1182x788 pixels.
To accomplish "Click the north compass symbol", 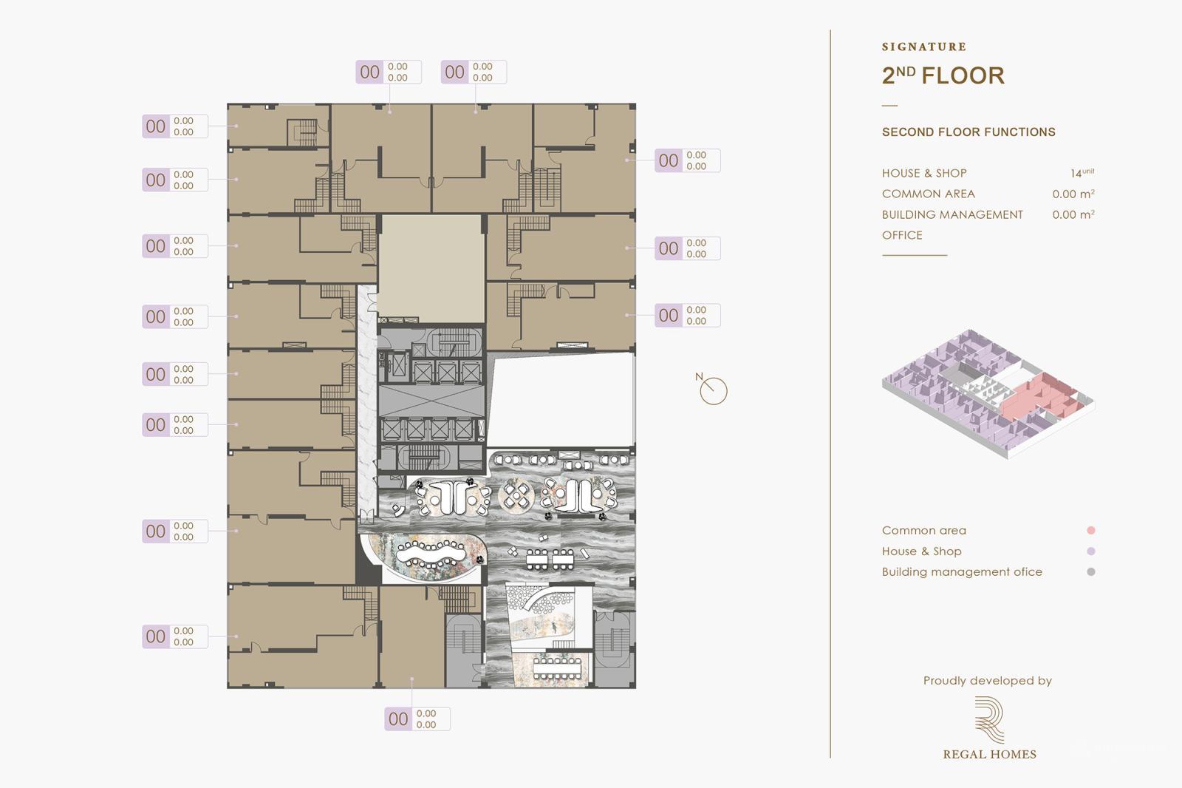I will point(713,390).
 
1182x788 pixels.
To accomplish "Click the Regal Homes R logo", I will point(989,719).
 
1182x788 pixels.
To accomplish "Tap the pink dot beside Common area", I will point(1090,530).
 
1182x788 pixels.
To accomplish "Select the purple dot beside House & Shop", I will point(1090,551).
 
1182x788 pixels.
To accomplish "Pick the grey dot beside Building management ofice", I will point(1090,571).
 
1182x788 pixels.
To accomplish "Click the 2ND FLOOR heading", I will point(943,75).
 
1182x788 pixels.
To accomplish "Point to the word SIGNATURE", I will point(923,47).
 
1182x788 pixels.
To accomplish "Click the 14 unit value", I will point(1082,173).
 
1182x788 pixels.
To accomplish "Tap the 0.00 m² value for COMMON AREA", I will point(1073,194).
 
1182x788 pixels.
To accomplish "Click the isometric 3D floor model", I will point(988,393).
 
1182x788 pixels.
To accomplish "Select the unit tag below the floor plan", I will point(417,719).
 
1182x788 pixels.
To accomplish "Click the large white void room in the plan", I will point(561,399).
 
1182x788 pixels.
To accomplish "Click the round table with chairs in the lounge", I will point(515,495).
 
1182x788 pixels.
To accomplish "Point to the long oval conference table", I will point(431,551).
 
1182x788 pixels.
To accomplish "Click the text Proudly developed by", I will point(987,681).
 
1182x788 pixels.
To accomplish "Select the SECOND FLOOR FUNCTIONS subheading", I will point(968,132).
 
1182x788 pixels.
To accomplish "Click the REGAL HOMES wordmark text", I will point(989,754).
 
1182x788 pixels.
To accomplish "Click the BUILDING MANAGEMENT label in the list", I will point(952,214).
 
